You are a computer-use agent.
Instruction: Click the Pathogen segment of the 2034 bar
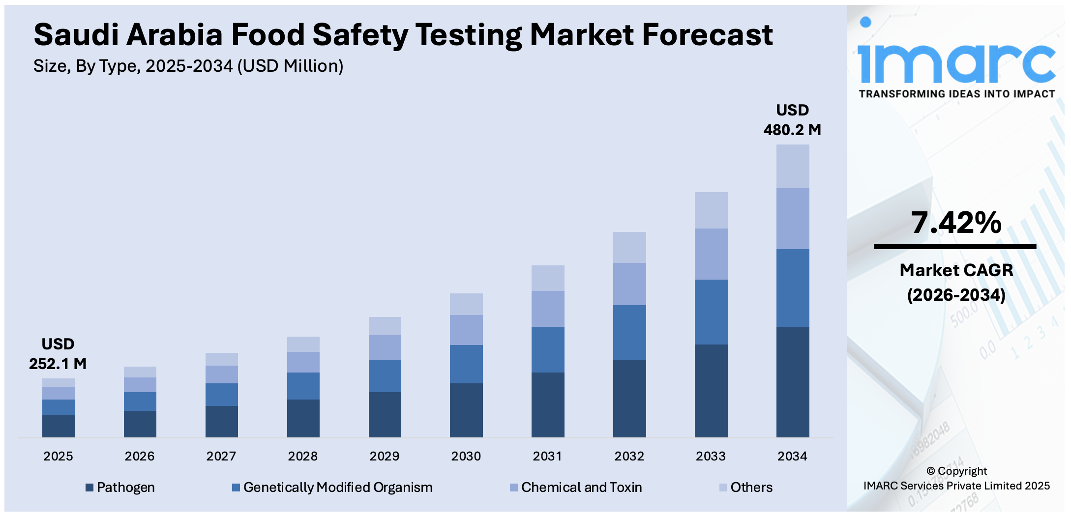(792, 382)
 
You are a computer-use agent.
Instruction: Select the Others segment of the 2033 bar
(711, 210)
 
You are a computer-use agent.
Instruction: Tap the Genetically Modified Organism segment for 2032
(629, 332)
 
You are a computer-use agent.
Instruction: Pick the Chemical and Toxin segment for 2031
(548, 309)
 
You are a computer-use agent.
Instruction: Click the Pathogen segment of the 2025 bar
(58, 426)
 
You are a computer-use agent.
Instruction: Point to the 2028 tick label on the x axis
(302, 457)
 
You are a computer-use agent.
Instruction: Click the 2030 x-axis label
(466, 457)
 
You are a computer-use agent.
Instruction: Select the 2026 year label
(139, 457)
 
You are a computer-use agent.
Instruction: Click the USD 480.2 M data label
(792, 120)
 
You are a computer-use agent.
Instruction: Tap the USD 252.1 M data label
(58, 354)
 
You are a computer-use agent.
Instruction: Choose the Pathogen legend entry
(120, 488)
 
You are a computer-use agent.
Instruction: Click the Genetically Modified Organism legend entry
(332, 488)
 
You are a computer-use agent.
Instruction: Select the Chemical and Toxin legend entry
(576, 488)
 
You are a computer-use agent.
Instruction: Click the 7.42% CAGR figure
(955, 223)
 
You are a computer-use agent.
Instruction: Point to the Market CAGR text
(956, 270)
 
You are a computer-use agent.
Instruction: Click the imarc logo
(956, 59)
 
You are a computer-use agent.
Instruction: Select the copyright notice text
(956, 478)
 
